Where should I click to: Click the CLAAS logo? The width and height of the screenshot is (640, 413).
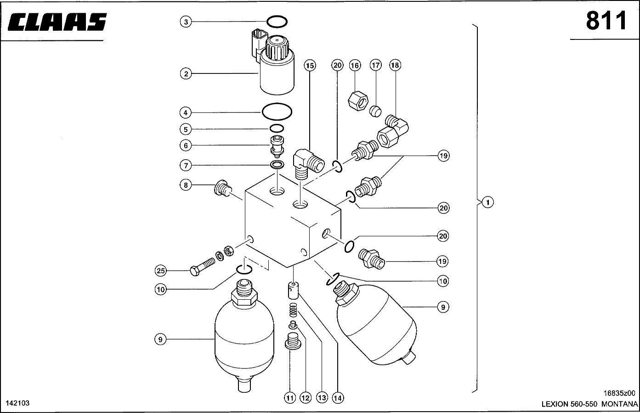pyautogui.click(x=57, y=22)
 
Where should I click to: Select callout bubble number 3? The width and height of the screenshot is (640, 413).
pyautogui.click(x=186, y=22)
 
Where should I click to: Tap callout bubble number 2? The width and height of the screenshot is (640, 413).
pyautogui.click(x=186, y=74)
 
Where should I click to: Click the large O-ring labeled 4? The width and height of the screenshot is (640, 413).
pyautogui.click(x=277, y=112)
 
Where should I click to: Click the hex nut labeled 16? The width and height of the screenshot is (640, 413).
pyautogui.click(x=358, y=100)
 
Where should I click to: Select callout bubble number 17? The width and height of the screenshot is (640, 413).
pyautogui.click(x=375, y=65)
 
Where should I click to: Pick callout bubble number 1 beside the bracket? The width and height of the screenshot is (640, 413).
pyautogui.click(x=488, y=202)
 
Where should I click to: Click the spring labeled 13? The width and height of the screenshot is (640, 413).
pyautogui.click(x=294, y=310)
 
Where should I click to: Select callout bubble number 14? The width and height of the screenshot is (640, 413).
pyautogui.click(x=338, y=398)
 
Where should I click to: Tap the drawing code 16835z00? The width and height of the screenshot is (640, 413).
pyautogui.click(x=619, y=393)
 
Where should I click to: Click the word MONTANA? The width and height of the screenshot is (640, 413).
pyautogui.click(x=619, y=404)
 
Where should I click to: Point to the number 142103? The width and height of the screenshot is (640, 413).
pyautogui.click(x=18, y=403)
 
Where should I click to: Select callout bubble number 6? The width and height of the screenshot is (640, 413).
pyautogui.click(x=186, y=145)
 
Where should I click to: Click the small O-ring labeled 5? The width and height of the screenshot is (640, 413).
pyautogui.click(x=277, y=128)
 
